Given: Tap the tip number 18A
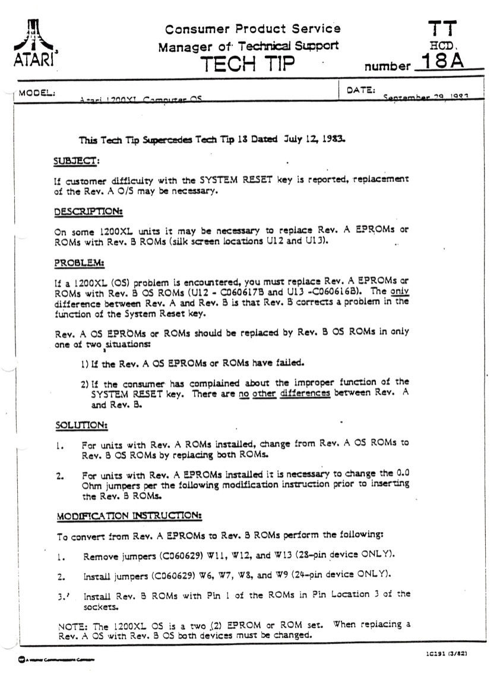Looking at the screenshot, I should coord(442,62).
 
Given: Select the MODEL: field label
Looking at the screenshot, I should coord(37,93).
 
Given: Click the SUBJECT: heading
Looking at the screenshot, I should coord(77,161).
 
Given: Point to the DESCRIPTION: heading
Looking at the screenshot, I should coord(88,212).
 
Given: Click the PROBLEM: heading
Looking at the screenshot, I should coord(79,262).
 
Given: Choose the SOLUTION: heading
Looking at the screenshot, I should coord(81,426).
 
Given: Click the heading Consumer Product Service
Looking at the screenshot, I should coord(253,29).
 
